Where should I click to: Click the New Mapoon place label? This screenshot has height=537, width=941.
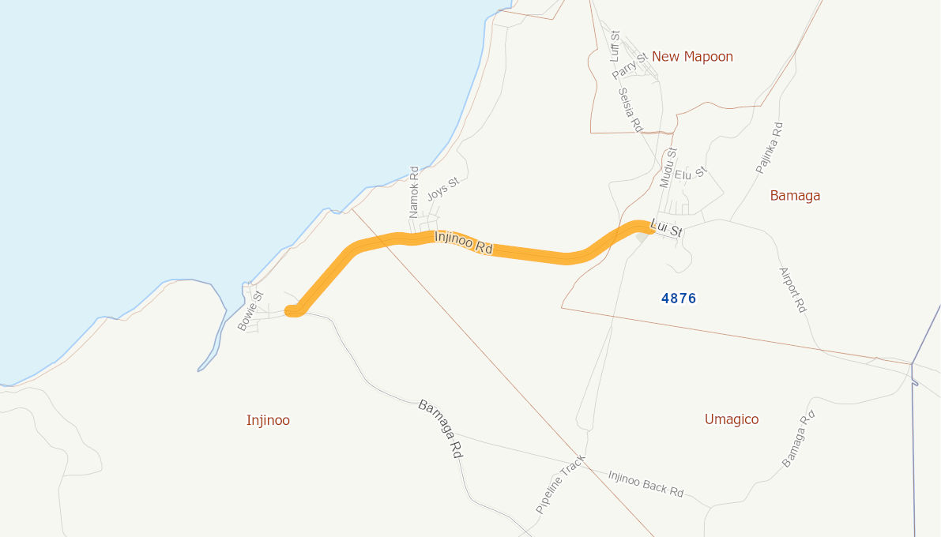click(x=692, y=57)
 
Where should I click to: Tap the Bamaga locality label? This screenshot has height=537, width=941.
click(x=795, y=196)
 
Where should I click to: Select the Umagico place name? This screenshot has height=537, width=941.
click(x=732, y=419)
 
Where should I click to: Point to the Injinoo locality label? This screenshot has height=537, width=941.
click(x=268, y=420)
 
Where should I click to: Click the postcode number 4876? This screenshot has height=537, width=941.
click(x=679, y=299)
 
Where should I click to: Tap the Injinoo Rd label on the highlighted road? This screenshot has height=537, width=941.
click(x=464, y=242)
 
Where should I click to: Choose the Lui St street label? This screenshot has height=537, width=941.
click(x=665, y=229)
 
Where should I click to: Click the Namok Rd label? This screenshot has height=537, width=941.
click(x=413, y=192)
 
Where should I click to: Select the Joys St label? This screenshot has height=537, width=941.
click(x=442, y=190)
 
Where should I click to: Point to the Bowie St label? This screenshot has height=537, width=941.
click(x=250, y=310)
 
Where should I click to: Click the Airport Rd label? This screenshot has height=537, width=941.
click(x=792, y=290)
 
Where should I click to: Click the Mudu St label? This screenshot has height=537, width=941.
click(x=668, y=167)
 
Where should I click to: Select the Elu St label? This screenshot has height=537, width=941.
click(x=691, y=173)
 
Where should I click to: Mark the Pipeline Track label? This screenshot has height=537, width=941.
click(x=560, y=485)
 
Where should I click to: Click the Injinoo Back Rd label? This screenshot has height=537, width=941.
click(x=646, y=483)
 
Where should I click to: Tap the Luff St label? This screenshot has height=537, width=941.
click(x=615, y=47)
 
